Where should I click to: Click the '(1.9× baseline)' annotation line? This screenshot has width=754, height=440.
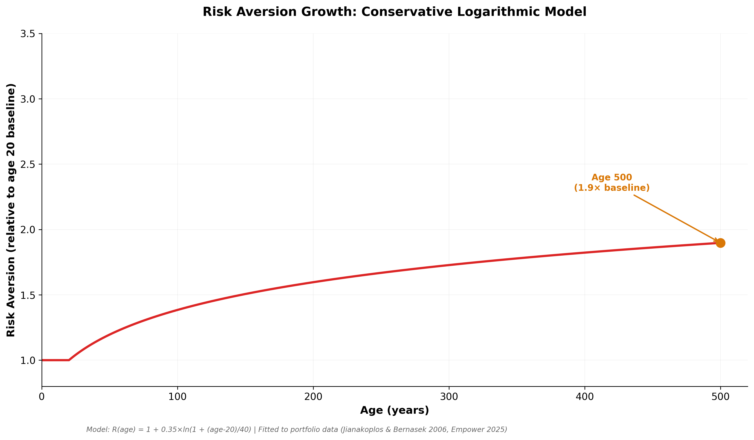pos(612,188)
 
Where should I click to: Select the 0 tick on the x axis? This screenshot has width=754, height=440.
pos(42,397)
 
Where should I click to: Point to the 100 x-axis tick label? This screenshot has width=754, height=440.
pos(178,397)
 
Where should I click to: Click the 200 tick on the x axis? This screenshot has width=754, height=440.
pos(313,397)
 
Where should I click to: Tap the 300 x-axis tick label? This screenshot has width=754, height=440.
pos(449,397)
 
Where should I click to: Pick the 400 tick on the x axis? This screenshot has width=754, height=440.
pos(585,397)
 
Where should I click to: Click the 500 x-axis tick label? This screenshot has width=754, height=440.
pos(720,397)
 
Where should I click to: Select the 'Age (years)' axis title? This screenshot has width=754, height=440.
pos(394,410)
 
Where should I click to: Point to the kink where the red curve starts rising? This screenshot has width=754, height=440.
pos(69,360)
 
